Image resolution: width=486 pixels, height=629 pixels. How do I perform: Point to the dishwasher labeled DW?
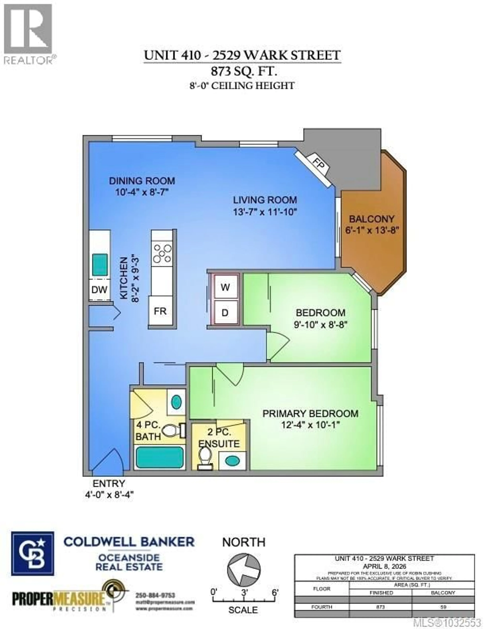(99, 289)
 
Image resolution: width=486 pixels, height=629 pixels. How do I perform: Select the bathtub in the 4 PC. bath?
(159, 457)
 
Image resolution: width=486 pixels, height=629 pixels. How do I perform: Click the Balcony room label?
(371, 219)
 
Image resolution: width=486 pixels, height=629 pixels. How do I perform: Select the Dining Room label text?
(142, 181)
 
